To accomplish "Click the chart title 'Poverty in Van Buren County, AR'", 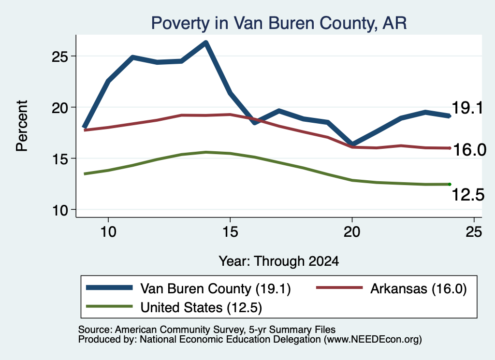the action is pos(279,23).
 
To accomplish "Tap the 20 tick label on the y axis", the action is pos(59,108).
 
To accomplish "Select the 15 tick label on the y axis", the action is pos(59,159).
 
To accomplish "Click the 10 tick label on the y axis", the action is pos(59,210).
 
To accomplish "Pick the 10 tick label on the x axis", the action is pos(108,232).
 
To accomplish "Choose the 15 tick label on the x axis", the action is pos(230,232).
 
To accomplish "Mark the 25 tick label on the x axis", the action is pos(474,232).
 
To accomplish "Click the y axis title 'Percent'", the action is pos(22,126).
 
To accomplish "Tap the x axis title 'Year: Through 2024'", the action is pos(279,261).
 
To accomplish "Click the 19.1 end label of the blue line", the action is pos(467,108).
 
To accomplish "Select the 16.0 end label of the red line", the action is pos(469,149).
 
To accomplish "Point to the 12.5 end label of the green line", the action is pos(468,194).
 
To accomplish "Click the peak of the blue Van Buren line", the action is pos(206,43).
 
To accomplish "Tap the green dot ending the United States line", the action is pos(450,184).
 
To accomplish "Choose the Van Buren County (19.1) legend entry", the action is pos(188,288).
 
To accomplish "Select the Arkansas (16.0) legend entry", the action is pos(392,288).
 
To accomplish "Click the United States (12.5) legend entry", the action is pos(174,307).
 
